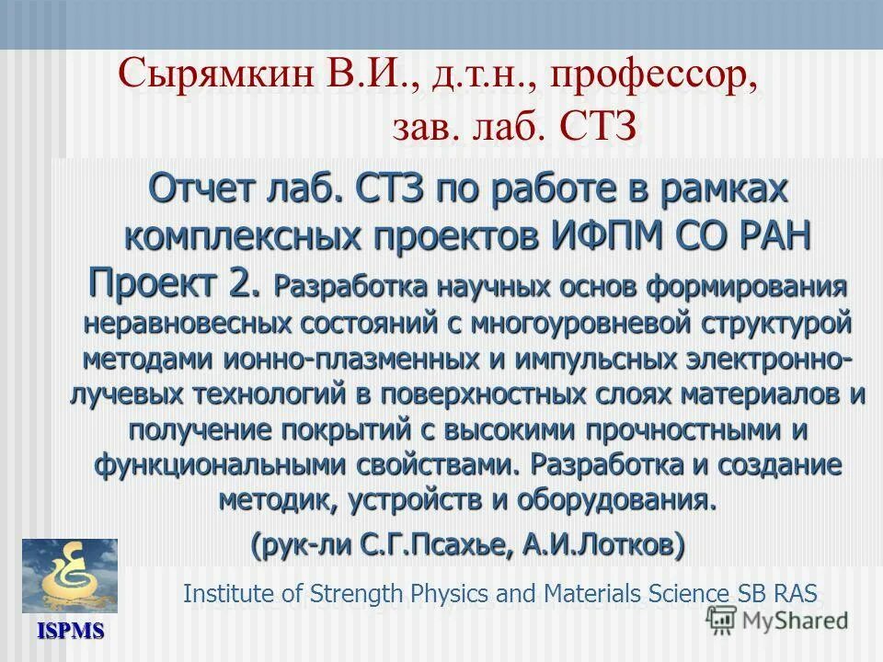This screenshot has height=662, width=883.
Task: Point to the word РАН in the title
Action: [769, 234]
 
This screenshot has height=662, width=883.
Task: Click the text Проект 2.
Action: [175, 280]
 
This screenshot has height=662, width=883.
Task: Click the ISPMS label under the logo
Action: [70, 632]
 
